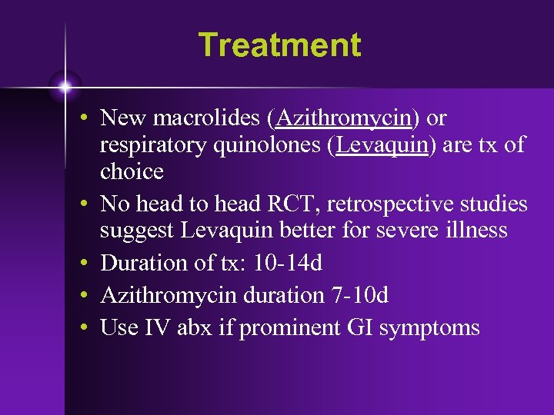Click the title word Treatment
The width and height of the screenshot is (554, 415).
(x=279, y=45)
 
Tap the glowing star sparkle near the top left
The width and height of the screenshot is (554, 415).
(x=65, y=87)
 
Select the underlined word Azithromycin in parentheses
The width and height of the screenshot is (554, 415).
(x=343, y=118)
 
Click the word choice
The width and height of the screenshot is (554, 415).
(x=132, y=171)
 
